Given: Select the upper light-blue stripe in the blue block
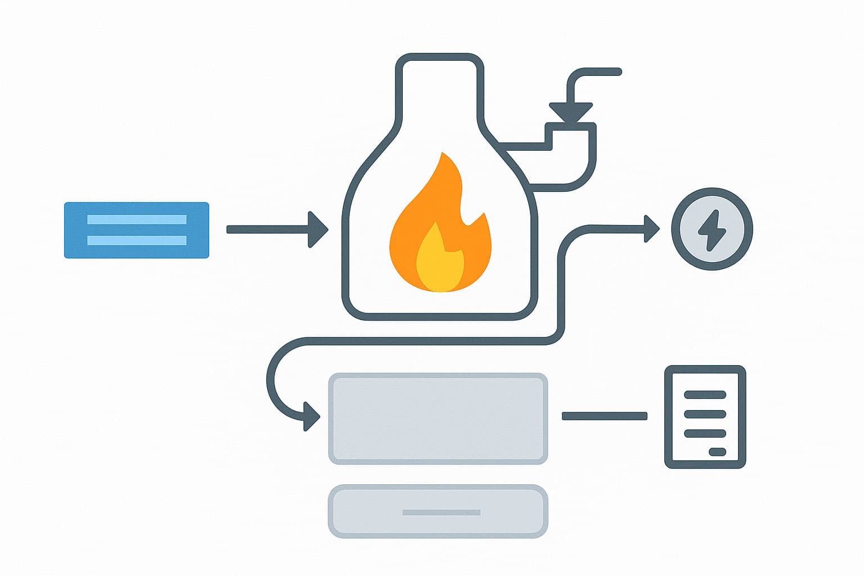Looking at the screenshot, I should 137,219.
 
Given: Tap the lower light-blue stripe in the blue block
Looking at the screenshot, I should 137,241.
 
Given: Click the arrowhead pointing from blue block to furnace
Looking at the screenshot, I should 318,229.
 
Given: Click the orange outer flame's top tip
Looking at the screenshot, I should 444,155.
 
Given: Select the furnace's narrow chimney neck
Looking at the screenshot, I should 440,90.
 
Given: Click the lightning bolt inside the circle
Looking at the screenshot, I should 712,230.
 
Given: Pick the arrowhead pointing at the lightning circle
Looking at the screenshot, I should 652,229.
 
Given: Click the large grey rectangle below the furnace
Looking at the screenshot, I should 438,418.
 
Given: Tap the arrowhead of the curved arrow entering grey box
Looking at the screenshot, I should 311,417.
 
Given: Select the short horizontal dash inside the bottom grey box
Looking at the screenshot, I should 442,512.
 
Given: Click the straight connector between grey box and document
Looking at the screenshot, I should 605,416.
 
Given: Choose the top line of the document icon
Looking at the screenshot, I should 705,395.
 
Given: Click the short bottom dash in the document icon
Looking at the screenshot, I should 717,452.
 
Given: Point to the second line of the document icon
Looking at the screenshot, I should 705,414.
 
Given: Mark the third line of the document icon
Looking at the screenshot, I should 705,433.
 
